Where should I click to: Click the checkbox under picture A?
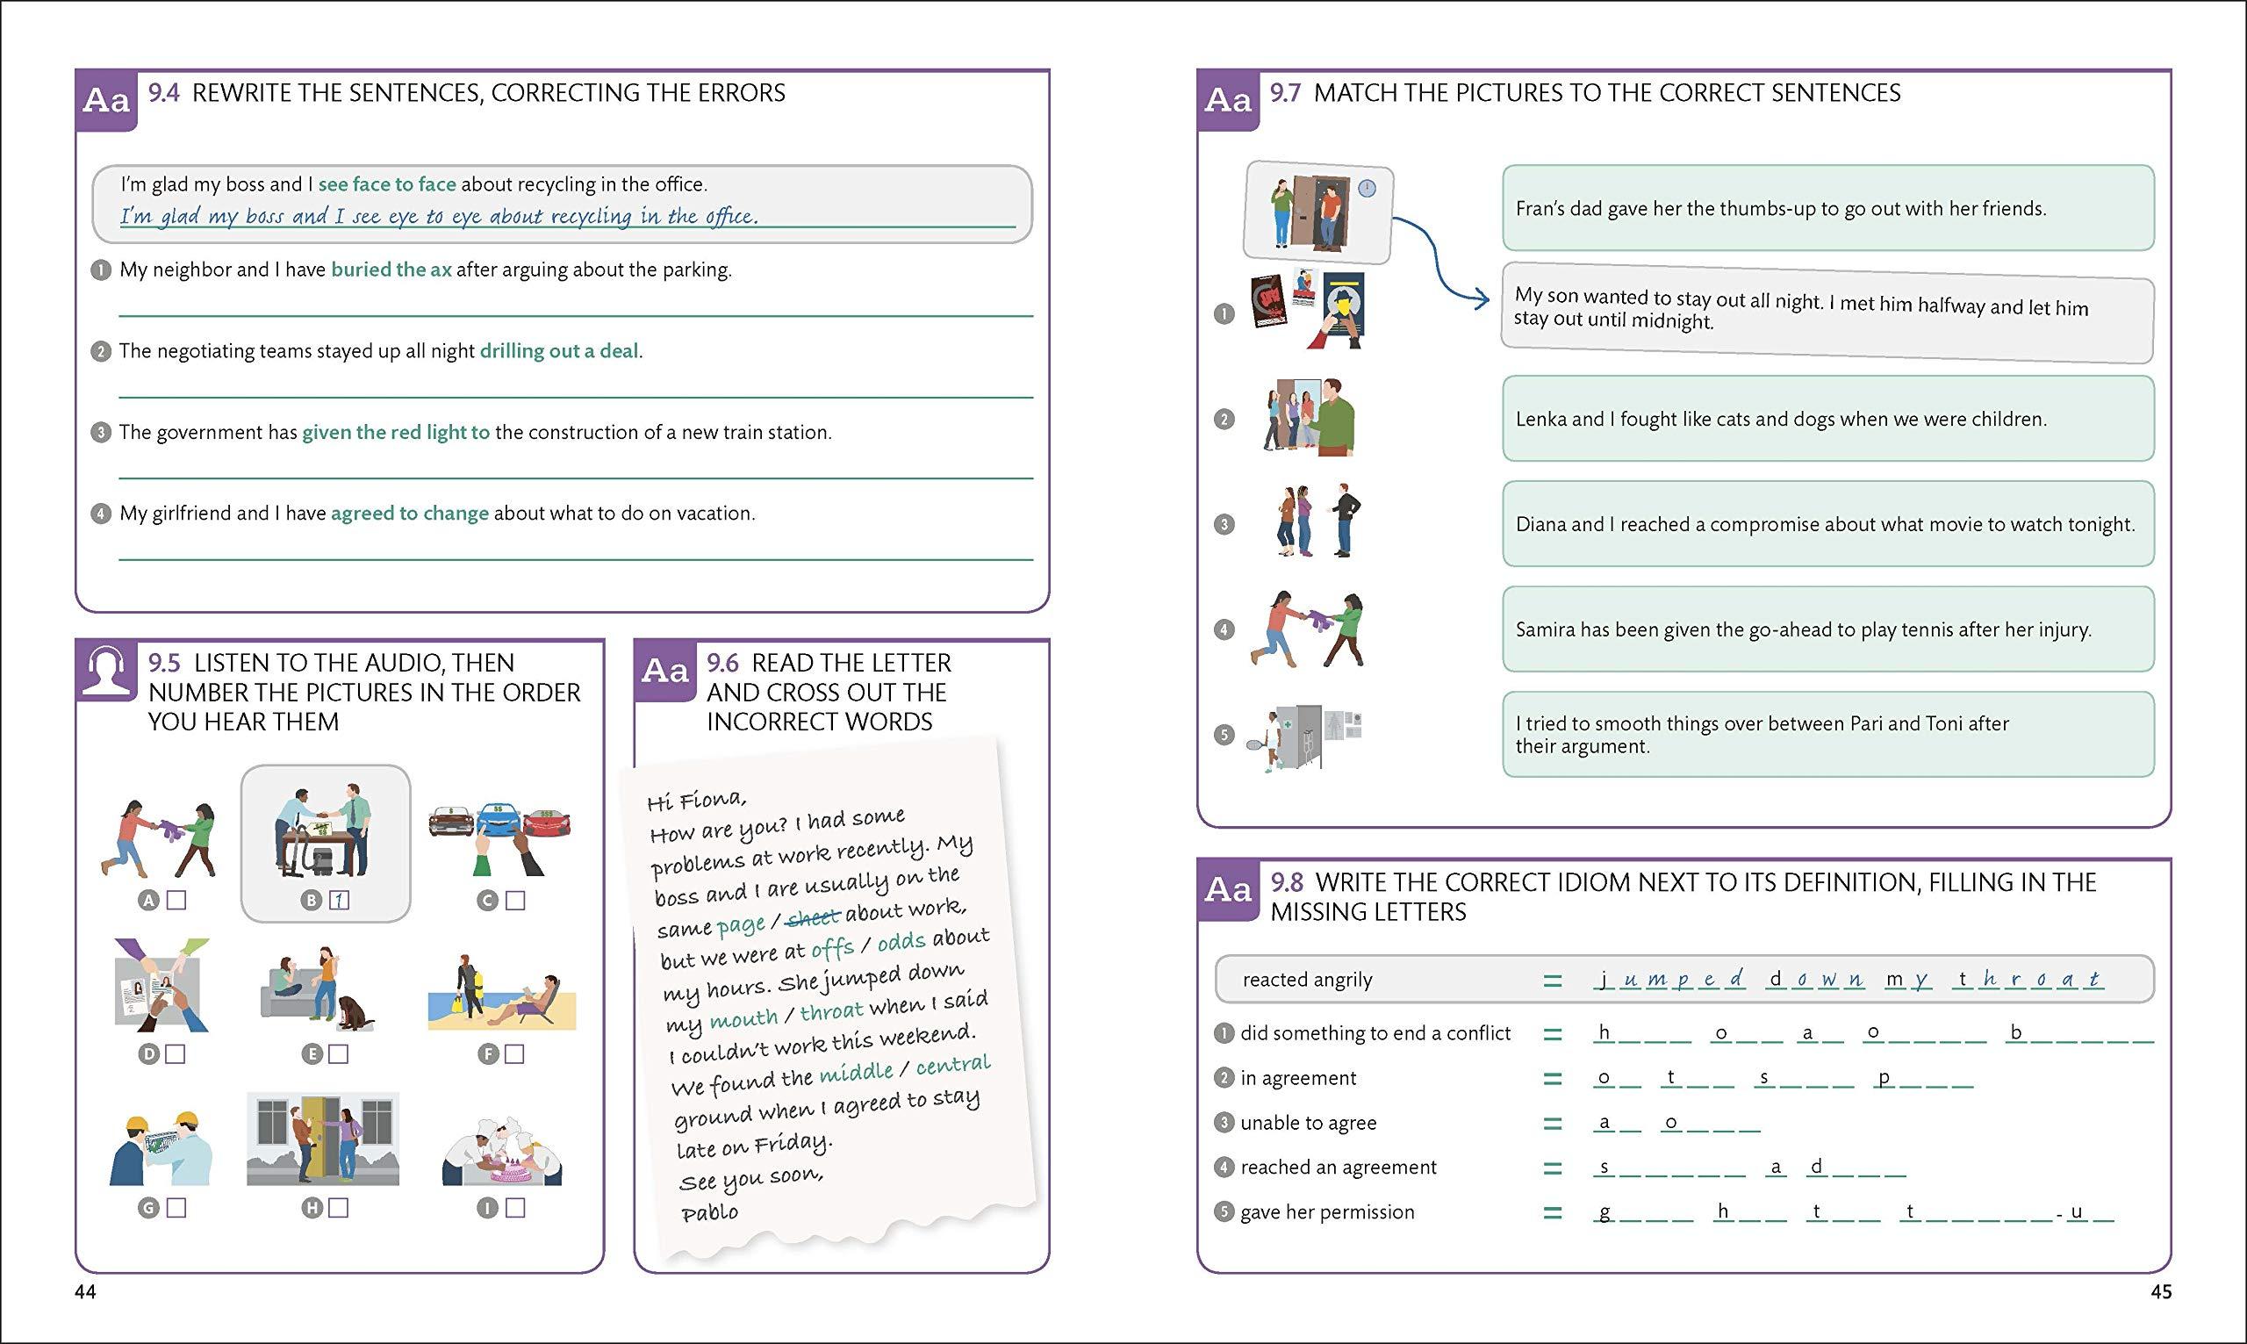(177, 900)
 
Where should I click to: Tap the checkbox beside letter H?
(339, 1207)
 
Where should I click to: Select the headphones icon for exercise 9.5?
(107, 670)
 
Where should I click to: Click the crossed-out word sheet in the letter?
(814, 918)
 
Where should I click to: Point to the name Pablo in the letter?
(710, 1211)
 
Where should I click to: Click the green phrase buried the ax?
(391, 269)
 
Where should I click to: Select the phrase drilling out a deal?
(558, 350)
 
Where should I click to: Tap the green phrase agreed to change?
(409, 513)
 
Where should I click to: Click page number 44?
(85, 1291)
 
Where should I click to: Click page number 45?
(2160, 1291)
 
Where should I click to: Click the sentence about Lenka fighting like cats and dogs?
(1781, 420)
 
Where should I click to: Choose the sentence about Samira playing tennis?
(1804, 629)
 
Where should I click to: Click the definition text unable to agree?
(1308, 1123)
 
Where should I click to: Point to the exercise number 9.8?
(1287, 882)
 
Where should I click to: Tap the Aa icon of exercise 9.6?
(664, 670)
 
